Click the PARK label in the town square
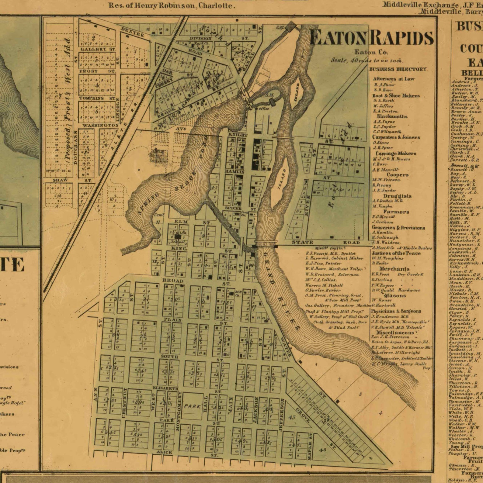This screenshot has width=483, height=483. [x=193, y=406]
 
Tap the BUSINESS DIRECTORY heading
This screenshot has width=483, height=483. [x=398, y=69]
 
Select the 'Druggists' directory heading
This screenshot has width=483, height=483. [x=397, y=196]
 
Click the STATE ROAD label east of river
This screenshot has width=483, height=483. [x=325, y=242]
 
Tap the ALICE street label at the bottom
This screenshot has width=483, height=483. [x=164, y=452]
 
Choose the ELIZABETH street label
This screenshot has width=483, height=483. [x=165, y=388]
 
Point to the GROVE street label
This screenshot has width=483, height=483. [x=303, y=415]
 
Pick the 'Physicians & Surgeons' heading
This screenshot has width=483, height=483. [x=396, y=311]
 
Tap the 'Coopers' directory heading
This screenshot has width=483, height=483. [x=398, y=175]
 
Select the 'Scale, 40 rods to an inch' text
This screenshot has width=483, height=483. [x=367, y=60]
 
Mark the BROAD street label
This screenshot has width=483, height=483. [x=173, y=280]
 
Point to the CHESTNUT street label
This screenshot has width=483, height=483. [x=125, y=402]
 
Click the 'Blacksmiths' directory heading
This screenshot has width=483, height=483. [x=392, y=116]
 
